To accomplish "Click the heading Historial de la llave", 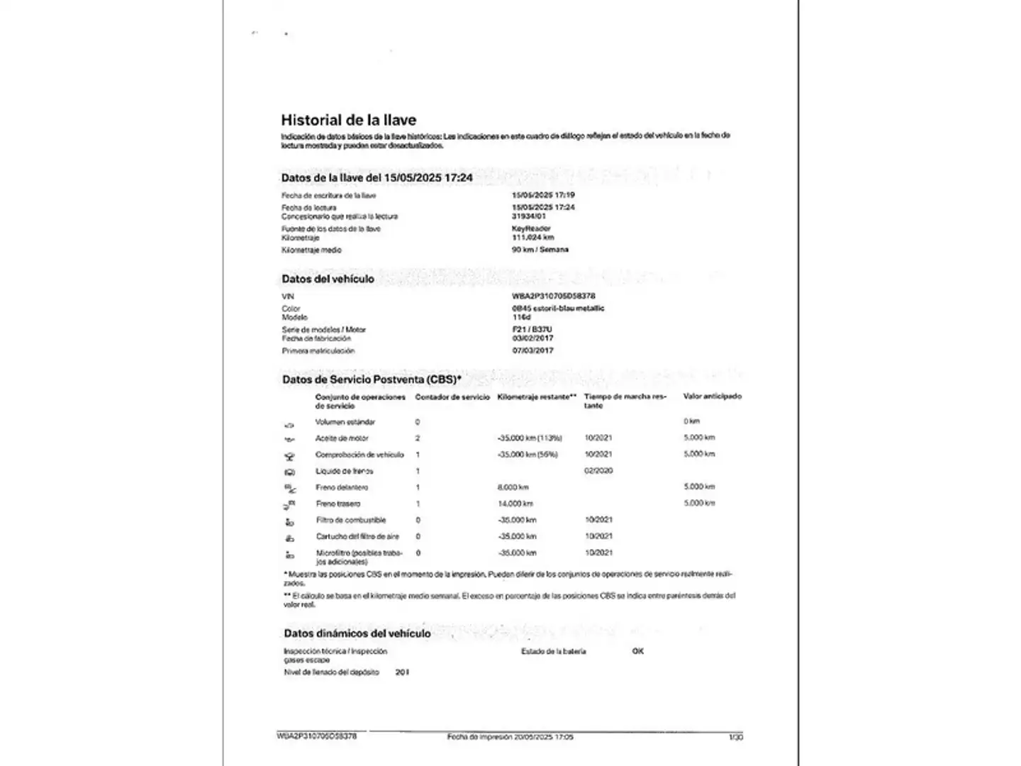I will tap(348, 120).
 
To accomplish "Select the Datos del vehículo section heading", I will tap(328, 279).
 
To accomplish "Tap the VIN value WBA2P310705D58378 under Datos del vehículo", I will tap(554, 296).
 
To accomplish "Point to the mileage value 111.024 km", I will tap(532, 238).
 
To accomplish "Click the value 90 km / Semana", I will tap(540, 250).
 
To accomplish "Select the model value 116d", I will tap(521, 317).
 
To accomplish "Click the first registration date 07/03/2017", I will tap(532, 350).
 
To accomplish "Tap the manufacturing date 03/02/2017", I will tap(532, 338).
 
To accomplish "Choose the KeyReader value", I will tap(531, 228).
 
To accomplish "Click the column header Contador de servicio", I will tap(452, 397).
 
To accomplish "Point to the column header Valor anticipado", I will tap(712, 396).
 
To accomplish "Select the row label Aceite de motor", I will tap(342, 438).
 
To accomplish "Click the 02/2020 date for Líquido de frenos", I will tap(598, 470).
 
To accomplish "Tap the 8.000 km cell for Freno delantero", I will tap(513, 487).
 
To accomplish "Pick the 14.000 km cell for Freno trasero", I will tap(515, 504).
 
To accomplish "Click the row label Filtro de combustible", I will tap(351, 520).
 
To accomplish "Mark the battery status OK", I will tap(637, 651).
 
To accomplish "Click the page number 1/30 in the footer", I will tap(735, 738).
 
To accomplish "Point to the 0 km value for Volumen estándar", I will tap(691, 421).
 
